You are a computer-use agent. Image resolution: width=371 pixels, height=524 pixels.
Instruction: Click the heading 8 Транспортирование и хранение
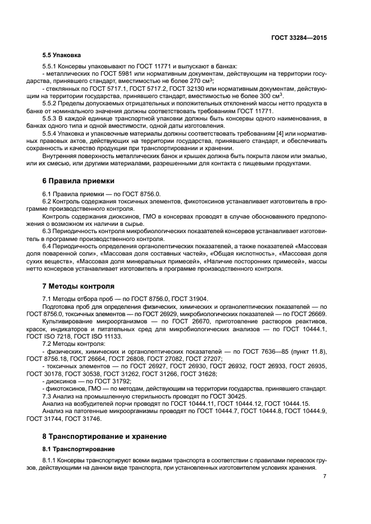tap(104, 435)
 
